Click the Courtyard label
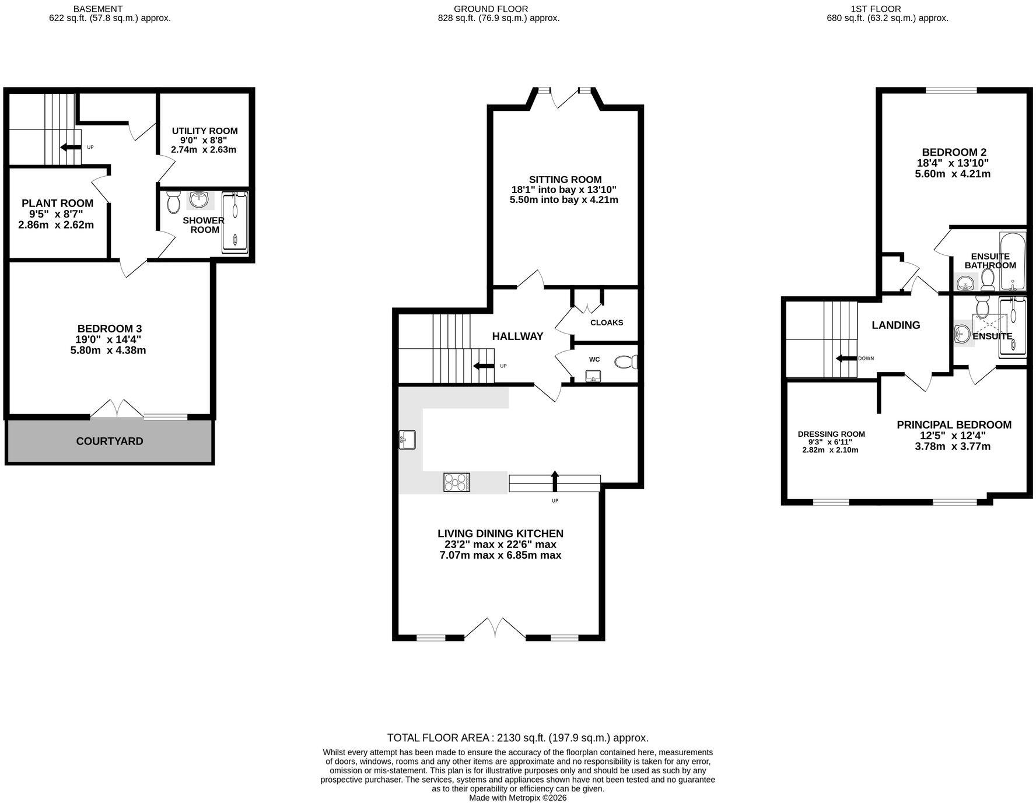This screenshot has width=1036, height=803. [110, 441]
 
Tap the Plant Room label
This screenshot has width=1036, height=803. [57, 204]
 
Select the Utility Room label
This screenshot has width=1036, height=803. [205, 131]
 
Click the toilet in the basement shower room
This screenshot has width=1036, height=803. [173, 202]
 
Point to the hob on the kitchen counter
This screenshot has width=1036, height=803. [457, 482]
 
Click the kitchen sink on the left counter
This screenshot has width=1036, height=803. [407, 439]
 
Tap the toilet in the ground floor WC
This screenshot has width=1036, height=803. [626, 362]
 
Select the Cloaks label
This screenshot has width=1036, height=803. [607, 322]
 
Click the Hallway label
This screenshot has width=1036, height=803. [517, 336]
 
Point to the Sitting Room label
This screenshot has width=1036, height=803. [565, 180]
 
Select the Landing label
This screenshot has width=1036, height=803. [895, 325]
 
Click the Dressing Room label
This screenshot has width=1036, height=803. [831, 434]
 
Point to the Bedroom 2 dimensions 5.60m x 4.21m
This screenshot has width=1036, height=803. [953, 174]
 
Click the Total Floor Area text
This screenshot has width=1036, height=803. [518, 738]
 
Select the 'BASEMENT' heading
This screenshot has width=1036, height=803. [98, 9]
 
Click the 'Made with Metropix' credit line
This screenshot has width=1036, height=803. [518, 798]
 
